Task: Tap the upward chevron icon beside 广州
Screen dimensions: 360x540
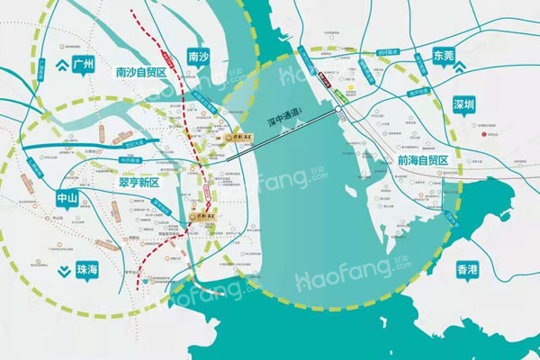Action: click(60, 64)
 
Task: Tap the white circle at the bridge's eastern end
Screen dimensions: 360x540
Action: click(338, 109)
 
